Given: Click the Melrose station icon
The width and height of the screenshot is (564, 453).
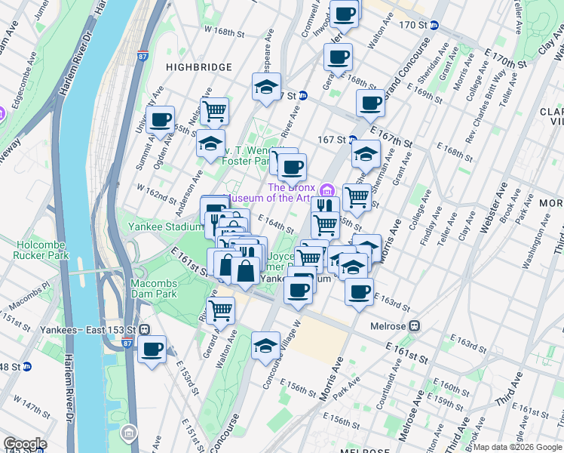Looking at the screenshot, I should [414, 326].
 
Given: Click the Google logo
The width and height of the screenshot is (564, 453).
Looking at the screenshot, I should [25, 444].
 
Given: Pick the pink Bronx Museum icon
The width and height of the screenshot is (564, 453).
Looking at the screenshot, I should [326, 188].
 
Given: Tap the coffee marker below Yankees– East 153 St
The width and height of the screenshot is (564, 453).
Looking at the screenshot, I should [152, 350].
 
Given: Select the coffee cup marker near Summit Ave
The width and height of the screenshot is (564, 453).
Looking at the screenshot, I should [160, 119].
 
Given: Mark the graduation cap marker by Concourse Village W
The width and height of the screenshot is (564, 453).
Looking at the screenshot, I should [265, 346].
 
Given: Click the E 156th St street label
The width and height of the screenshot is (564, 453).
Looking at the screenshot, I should [299, 387].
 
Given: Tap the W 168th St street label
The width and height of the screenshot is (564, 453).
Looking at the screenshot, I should [225, 33].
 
